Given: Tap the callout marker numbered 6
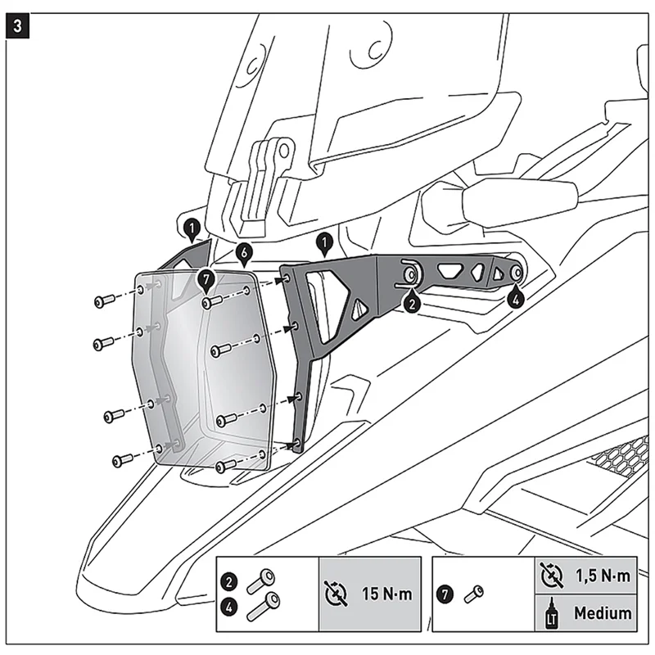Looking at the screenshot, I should [243, 255].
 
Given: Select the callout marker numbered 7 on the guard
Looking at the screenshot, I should [206, 281].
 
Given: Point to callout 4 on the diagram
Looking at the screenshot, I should [514, 300].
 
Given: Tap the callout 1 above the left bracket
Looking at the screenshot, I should [190, 227].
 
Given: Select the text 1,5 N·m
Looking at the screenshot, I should [601, 576].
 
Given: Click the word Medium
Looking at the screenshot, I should [602, 612].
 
